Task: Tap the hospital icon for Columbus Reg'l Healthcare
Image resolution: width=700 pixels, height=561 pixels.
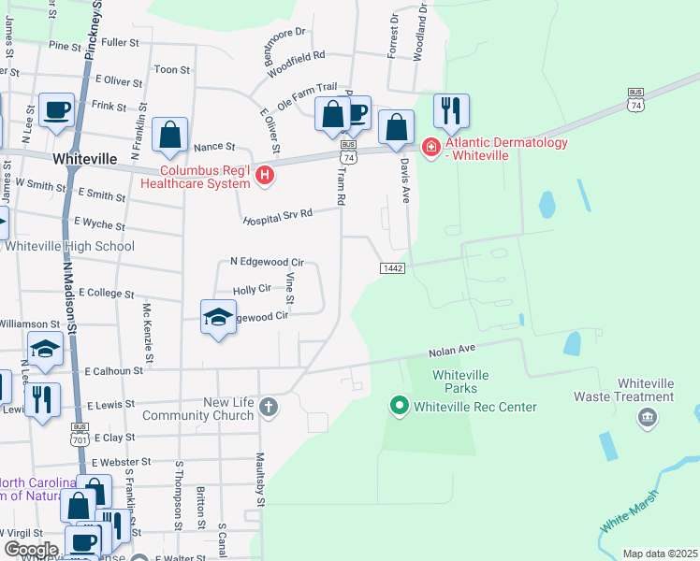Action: click(265, 175)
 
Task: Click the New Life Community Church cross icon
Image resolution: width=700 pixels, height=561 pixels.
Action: click(269, 407)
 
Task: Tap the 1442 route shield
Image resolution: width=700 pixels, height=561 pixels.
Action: click(392, 268)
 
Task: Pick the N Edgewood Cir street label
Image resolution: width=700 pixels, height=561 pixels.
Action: click(267, 263)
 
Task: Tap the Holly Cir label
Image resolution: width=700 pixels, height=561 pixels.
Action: click(251, 291)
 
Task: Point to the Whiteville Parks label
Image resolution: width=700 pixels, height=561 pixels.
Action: click(454, 381)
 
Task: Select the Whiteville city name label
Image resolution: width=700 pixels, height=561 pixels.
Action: click(84, 159)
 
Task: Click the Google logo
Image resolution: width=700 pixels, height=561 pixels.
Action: click(32, 550)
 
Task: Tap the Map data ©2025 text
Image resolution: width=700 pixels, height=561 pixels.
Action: click(660, 554)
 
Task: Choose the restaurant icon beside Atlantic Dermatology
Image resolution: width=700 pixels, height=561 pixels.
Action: click(452, 111)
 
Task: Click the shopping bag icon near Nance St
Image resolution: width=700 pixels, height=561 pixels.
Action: click(169, 136)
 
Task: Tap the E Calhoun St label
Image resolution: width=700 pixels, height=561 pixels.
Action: click(112, 370)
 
